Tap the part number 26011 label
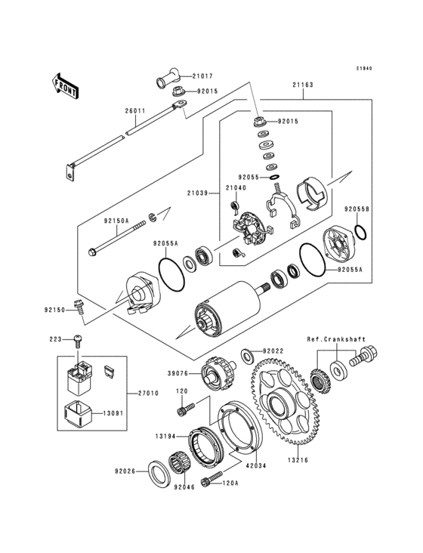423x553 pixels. click(135, 111)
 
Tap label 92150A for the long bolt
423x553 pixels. click(116, 221)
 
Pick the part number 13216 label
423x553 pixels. click(295, 459)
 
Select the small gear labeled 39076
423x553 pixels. click(215, 372)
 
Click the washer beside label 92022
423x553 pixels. click(247, 354)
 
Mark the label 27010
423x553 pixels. click(149, 394)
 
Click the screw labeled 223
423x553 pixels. click(79, 340)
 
